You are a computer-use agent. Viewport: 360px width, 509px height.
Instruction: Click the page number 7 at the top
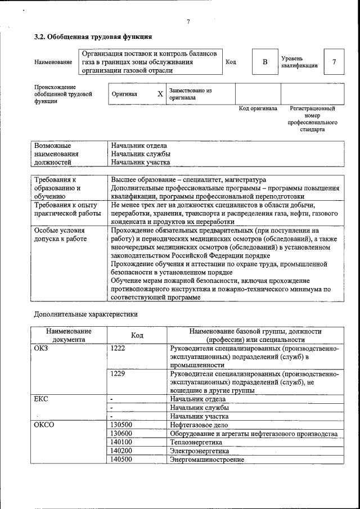point(188,22)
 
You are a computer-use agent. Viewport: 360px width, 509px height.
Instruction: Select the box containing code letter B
point(264,62)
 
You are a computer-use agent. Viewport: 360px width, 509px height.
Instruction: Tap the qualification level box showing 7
point(334,62)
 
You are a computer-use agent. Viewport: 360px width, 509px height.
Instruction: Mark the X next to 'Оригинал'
point(160,94)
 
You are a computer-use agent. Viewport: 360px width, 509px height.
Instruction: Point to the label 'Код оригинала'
point(258,109)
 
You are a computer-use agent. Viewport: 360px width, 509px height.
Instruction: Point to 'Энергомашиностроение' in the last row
point(206,460)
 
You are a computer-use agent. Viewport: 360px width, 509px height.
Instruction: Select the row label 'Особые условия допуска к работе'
point(60,235)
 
